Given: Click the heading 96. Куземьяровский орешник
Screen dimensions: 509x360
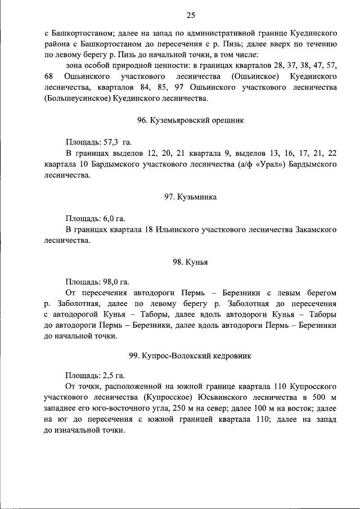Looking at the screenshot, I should point(191,120).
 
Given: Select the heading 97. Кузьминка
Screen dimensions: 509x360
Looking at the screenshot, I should point(191,197).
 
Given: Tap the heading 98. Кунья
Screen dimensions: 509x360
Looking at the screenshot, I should point(191,262).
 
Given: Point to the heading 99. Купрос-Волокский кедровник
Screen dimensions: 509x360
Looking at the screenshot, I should point(191,355).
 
